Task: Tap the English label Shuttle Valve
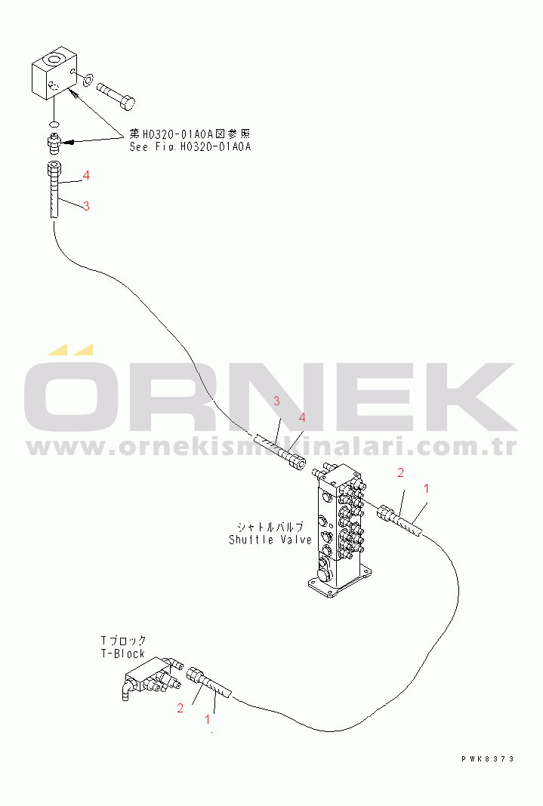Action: (x=270, y=540)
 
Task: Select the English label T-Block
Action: (x=122, y=654)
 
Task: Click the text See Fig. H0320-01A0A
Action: (x=190, y=147)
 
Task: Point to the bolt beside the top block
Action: (x=117, y=93)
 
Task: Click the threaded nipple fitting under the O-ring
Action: (x=54, y=141)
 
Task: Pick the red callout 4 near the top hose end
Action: (x=87, y=175)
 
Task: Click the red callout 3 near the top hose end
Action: (x=86, y=206)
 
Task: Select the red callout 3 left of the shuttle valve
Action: (x=276, y=400)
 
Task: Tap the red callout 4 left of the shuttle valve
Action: (x=302, y=417)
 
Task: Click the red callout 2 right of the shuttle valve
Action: (x=400, y=473)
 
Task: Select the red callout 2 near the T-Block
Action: (x=180, y=708)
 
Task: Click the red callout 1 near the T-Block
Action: (x=208, y=720)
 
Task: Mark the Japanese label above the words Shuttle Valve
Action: (x=270, y=527)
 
